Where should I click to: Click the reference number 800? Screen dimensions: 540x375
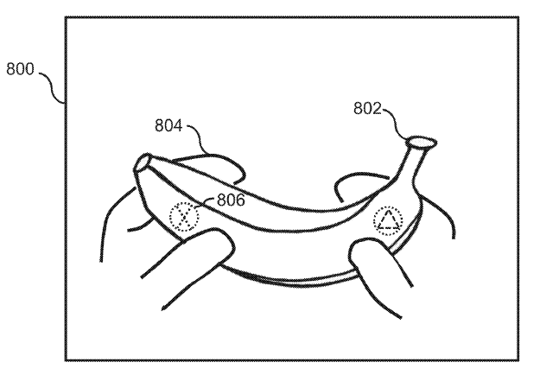(x=21, y=69)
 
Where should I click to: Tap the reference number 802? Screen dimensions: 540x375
(x=367, y=109)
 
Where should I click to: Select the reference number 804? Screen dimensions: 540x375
(x=168, y=125)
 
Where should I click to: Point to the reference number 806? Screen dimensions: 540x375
(x=231, y=200)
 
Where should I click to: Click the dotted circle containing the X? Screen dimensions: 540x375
(x=184, y=203)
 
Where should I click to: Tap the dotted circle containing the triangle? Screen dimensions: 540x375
(x=388, y=207)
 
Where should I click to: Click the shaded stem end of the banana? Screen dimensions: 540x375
(x=422, y=142)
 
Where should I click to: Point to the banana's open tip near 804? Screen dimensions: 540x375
(x=141, y=162)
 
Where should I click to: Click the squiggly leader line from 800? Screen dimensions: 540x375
(x=53, y=86)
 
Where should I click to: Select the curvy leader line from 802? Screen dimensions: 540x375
(x=397, y=124)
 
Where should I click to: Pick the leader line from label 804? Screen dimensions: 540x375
(x=199, y=138)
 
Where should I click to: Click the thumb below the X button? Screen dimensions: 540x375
(x=193, y=262)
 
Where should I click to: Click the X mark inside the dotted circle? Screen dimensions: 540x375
(x=184, y=217)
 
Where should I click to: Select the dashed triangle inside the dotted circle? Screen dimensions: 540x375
(x=388, y=219)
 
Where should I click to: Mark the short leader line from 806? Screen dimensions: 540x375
(x=206, y=201)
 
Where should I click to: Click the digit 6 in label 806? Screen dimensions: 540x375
(x=240, y=200)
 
